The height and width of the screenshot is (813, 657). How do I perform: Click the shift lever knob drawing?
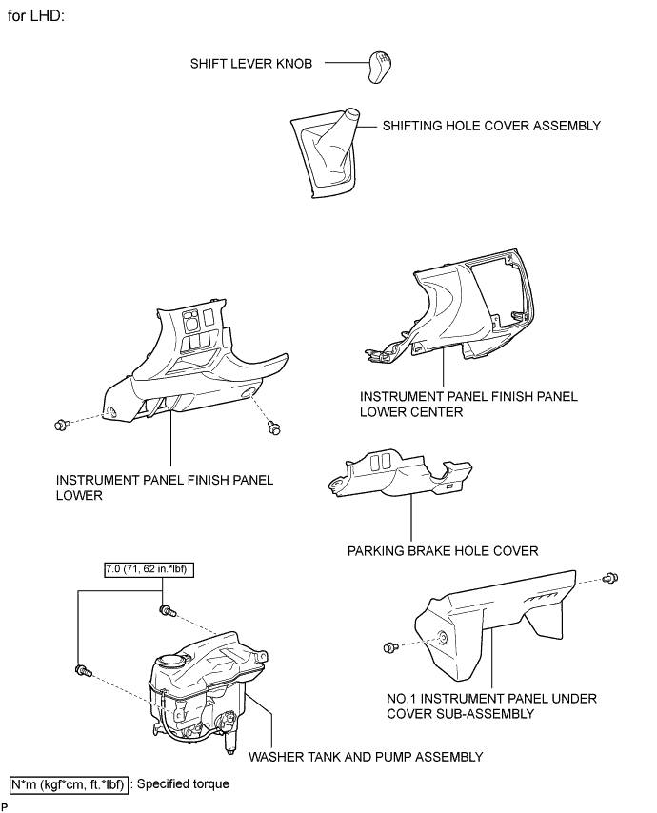pos(380,67)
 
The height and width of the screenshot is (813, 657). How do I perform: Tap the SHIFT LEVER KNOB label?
pos(251,64)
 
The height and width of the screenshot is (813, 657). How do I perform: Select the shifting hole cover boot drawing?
pos(325,153)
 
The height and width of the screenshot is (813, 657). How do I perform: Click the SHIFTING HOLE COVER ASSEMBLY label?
pos(491,126)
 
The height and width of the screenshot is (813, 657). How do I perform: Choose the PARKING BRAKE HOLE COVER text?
pos(443,550)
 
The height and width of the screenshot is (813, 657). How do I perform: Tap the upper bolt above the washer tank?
pos(168,611)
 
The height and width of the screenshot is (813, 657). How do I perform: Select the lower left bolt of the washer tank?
pos(83,670)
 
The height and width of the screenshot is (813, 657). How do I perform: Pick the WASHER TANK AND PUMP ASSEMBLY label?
pos(366,757)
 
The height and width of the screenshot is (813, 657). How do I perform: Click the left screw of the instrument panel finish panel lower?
pos(62,425)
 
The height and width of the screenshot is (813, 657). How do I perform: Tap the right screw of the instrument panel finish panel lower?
pos(273,427)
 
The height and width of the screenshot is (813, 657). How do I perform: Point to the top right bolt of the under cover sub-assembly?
pos(611,577)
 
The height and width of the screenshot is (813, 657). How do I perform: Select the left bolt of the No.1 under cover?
pos(390,647)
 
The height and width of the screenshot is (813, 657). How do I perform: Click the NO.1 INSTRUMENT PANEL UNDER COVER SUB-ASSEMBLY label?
pos(491,706)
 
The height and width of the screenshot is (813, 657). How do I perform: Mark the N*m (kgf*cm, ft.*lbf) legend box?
pos(69,784)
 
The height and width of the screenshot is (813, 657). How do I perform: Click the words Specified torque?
pos(183,784)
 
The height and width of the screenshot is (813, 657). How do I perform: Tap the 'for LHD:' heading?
pos(36,15)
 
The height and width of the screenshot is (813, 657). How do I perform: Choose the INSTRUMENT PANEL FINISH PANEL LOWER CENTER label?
pos(468,405)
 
